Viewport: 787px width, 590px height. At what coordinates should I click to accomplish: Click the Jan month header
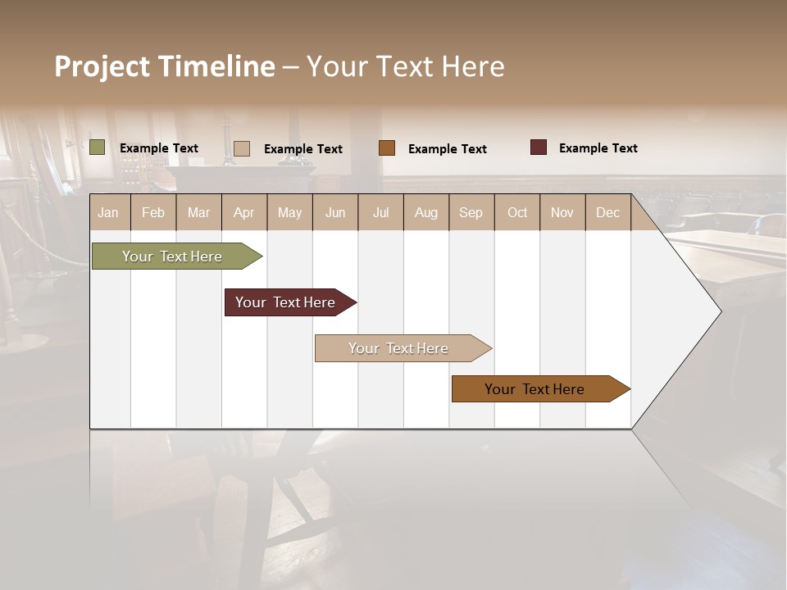108,212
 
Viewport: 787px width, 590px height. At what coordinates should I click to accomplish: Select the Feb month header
153,212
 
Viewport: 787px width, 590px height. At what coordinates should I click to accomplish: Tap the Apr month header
243,212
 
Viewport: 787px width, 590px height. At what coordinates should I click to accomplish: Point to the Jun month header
335,212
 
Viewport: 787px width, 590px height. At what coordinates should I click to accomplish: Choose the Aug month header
425,212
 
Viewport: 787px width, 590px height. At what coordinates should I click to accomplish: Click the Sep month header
471,212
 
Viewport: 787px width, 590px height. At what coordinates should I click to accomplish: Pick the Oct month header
517,212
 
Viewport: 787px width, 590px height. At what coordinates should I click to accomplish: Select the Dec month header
607,212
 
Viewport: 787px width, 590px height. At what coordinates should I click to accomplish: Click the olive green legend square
98,147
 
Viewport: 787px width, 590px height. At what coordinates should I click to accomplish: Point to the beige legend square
242,148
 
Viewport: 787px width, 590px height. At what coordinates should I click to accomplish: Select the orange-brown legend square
387,148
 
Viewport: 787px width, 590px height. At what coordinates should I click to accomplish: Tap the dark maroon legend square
539,147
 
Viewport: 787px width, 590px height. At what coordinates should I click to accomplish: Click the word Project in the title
102,66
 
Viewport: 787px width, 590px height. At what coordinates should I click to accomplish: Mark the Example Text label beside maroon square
598,148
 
